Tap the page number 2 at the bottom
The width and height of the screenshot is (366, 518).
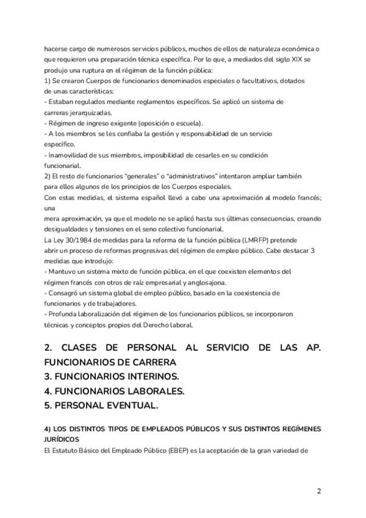[318, 491]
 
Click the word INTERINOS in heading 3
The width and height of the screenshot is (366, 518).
[158, 375]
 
